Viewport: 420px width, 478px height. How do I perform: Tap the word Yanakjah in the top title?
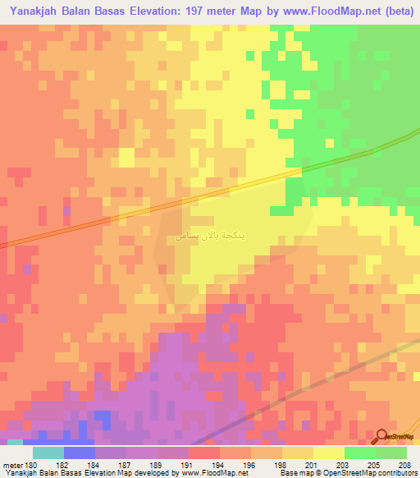point(35,11)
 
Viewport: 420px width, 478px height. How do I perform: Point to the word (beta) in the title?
point(392,11)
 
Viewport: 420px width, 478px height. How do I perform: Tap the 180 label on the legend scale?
point(32,465)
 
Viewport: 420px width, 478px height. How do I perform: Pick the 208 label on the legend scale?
point(406,465)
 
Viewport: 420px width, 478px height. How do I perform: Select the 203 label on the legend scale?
point(344,465)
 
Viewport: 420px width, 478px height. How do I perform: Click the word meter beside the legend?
point(12,465)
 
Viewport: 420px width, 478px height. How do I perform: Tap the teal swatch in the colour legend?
point(48,453)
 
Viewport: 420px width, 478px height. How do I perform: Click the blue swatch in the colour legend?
point(79,453)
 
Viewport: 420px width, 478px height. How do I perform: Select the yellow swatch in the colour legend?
point(328,453)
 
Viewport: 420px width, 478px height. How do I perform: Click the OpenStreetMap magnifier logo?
point(383,437)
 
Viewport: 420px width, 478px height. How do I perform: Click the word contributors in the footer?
point(396,473)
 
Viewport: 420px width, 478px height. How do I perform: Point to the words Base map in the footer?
point(291,473)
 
